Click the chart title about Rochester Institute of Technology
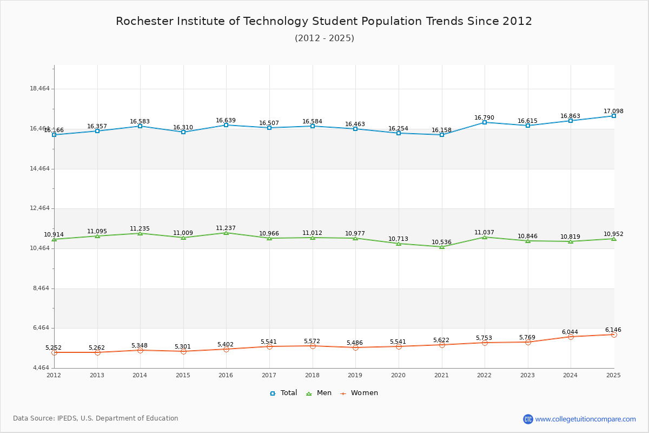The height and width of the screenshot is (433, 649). (324, 21)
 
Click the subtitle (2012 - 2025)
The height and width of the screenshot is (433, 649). (324, 38)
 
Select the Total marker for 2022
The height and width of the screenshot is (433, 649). (485, 122)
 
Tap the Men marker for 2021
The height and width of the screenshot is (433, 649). (442, 247)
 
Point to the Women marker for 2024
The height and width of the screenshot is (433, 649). (571, 337)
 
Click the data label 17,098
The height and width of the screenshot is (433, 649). (613, 111)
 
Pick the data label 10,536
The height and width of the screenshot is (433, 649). (441, 242)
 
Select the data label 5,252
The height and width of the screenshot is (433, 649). (54, 348)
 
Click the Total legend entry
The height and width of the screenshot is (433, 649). (283, 393)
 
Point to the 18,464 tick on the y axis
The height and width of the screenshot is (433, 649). (39, 89)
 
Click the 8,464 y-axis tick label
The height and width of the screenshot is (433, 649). (39, 288)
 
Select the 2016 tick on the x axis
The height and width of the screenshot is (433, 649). (226, 375)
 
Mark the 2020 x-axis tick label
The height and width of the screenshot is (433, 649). (398, 375)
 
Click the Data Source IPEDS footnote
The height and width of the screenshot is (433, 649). (96, 418)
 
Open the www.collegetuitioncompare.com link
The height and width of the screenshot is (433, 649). (585, 419)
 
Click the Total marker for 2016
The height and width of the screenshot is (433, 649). (226, 125)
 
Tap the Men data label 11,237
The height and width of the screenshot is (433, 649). (226, 228)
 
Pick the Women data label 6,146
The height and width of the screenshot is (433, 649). (613, 330)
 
